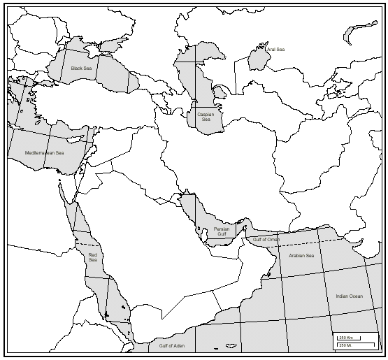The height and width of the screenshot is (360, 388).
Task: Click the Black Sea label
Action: click(81, 69)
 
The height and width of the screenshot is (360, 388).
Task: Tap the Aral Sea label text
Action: click(275, 50)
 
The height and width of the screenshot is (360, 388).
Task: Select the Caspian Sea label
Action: click(206, 117)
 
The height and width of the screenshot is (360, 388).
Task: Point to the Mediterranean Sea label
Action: click(44, 152)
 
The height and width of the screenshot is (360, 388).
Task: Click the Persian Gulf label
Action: click(222, 231)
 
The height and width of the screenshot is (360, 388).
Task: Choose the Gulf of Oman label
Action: click(266, 240)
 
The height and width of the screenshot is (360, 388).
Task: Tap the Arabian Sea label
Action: click(301, 256)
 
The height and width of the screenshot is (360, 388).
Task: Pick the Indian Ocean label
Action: click(349, 296)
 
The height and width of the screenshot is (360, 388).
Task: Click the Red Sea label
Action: click(93, 257)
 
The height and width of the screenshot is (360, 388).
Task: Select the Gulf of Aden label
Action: click(171, 346)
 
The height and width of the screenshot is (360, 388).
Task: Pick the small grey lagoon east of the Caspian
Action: click(221, 91)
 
